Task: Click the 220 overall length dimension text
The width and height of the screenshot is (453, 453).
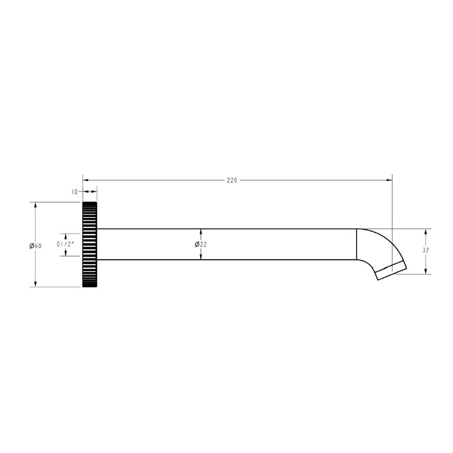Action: click(x=232, y=180)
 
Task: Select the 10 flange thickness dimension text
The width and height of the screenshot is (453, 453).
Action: click(x=75, y=192)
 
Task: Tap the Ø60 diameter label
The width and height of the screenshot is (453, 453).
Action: click(x=35, y=246)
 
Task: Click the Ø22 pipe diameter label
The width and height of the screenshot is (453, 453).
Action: click(x=200, y=245)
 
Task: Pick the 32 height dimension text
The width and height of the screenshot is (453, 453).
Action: click(x=426, y=250)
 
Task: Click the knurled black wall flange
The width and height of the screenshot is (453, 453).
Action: click(x=90, y=245)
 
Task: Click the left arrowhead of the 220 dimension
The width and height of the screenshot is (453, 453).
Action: click(x=86, y=180)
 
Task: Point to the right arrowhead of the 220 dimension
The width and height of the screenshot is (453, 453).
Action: click(x=389, y=180)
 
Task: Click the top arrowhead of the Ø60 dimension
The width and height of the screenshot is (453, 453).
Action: click(x=35, y=205)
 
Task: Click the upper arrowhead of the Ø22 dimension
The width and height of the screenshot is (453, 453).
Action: click(x=200, y=232)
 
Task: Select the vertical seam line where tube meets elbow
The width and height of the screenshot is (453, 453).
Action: click(x=357, y=244)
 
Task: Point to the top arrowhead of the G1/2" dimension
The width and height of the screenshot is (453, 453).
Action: click(x=65, y=237)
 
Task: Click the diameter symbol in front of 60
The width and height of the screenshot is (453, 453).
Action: click(x=32, y=246)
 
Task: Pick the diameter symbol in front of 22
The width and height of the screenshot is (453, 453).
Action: click(x=197, y=245)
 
